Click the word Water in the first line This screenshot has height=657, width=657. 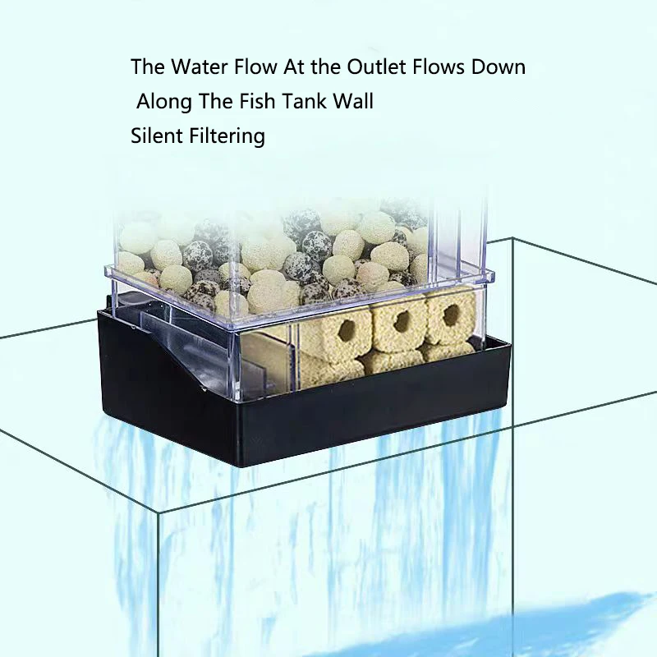pos(197,67)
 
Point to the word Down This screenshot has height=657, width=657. pos(498,67)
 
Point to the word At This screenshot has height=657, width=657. pos(293,67)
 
